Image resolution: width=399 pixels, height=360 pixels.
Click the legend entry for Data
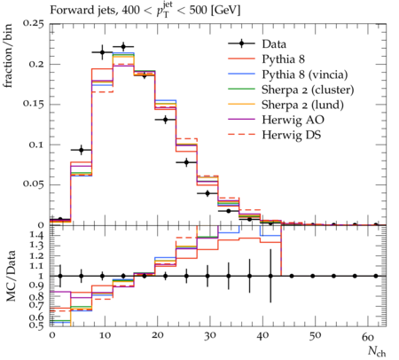coord(274,44)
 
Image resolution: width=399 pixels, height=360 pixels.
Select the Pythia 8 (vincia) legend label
coord(305,74)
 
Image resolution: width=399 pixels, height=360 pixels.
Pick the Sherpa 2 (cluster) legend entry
coord(308,90)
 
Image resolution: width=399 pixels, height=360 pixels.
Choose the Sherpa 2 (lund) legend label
coord(302,105)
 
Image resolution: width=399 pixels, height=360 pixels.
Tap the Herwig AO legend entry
coord(293,120)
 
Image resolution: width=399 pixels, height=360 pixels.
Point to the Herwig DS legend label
coord(292,135)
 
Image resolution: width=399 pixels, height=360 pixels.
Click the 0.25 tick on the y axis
coord(33,24)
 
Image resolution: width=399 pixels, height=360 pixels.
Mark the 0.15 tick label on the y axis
coord(33,105)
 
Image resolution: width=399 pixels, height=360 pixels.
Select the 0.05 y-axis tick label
coord(33,184)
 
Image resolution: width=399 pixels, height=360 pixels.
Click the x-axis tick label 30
coord(209,336)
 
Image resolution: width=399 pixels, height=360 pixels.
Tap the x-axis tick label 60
coord(368,336)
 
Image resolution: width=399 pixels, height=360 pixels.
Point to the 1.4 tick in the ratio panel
coord(37,236)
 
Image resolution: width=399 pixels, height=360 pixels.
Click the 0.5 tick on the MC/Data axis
coord(37,325)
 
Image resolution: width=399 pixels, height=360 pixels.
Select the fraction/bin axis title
coord(8,56)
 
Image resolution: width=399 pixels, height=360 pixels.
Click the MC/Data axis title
coord(11,276)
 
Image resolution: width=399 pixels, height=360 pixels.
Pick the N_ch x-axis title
coord(377,351)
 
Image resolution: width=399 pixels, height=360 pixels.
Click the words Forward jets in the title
coord(83,11)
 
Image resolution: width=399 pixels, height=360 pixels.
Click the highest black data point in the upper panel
coord(123,47)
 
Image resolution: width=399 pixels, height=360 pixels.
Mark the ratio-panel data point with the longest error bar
coord(270,276)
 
